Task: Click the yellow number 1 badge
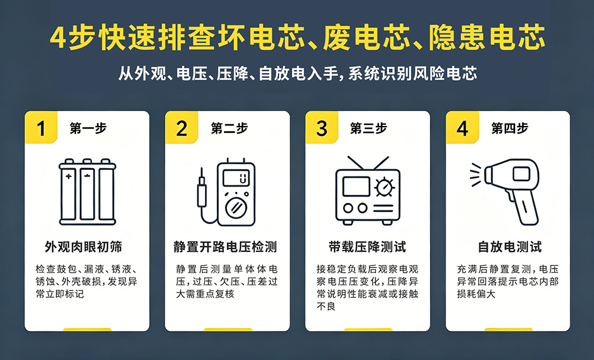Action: coord(41,127)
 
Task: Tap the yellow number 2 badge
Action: coord(181,127)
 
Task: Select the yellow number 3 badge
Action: coord(321,127)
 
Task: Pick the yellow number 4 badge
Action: coord(462,127)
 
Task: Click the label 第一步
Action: coord(89,128)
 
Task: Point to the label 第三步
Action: coord(369,128)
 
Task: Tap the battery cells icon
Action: coord(87,192)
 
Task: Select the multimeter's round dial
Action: coord(236,208)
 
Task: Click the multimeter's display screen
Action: coord(236,178)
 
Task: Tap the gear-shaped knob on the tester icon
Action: coord(384,187)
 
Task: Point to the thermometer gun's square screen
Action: coord(522,174)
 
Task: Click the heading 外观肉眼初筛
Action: coord(83,247)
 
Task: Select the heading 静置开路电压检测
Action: coord(225,247)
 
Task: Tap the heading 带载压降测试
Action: coord(367,247)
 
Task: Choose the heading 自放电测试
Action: coord(510,247)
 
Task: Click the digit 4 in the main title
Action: coord(58,38)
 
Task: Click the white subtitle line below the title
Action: coord(298,74)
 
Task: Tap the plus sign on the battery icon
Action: coord(68,176)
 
